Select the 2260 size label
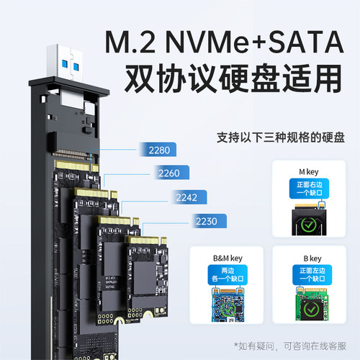[x=171, y=173]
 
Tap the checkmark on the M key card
[x=307, y=221]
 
